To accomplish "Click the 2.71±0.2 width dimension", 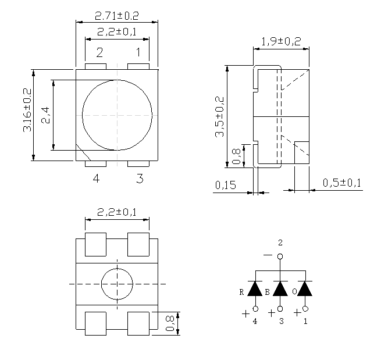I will [x=116, y=16].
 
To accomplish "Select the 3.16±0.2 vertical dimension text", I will [x=27, y=111].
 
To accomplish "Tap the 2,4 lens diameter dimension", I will [x=46, y=114].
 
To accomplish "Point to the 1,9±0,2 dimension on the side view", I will [x=281, y=41].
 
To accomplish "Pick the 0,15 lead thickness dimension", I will [x=225, y=185].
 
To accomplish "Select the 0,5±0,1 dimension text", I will [x=343, y=183].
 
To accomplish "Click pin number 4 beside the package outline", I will [x=96, y=179].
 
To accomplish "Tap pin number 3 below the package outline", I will [x=140, y=179].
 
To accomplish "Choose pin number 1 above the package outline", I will [x=138, y=53].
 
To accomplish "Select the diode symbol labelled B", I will [x=280, y=288].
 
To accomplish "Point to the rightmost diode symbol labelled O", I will [x=305, y=288].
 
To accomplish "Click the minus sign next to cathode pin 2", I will [x=268, y=255].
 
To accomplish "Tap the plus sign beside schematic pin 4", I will [x=245, y=313].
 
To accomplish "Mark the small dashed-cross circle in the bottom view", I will [x=117, y=284].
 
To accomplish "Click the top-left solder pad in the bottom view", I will [x=95, y=244].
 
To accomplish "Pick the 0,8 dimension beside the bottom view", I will [x=170, y=323].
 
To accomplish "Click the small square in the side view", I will [x=302, y=151].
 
